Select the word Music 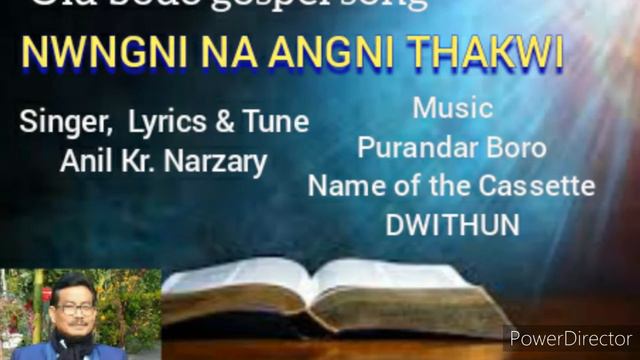coord(453,107)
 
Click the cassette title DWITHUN coord(452,224)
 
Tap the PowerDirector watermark coord(571,338)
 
